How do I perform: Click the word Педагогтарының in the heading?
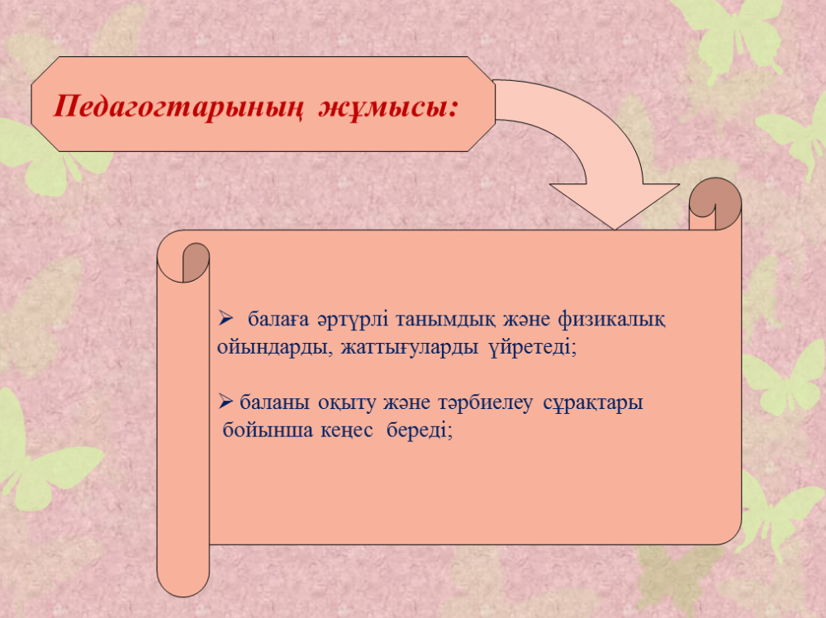(x=178, y=107)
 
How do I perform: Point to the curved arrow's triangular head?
(x=615, y=207)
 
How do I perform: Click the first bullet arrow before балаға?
(x=225, y=318)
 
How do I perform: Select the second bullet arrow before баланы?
(x=225, y=402)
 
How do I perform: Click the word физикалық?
(x=611, y=319)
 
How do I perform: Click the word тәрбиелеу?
(x=485, y=403)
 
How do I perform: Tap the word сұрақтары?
(x=592, y=403)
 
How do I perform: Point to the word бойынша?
(x=268, y=430)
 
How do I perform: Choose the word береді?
(x=420, y=430)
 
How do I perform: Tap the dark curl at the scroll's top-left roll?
(x=196, y=261)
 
